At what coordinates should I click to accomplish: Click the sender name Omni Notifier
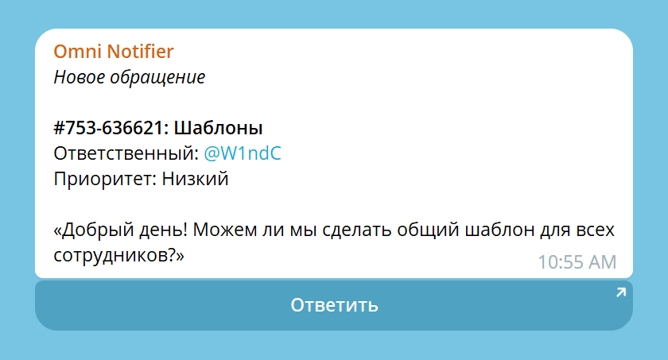click(113, 52)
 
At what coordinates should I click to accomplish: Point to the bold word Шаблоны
click(218, 128)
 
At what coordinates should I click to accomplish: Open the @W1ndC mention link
click(243, 153)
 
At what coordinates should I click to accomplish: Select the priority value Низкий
click(196, 179)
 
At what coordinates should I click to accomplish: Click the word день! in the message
click(167, 230)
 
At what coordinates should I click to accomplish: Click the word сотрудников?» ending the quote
click(119, 256)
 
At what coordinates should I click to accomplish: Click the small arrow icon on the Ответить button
click(620, 293)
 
